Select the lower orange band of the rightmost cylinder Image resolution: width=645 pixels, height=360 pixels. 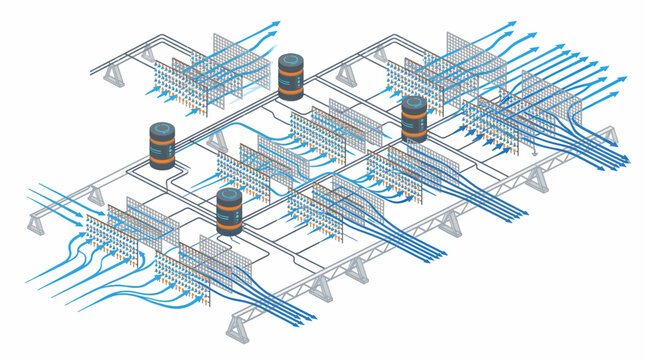(413, 133)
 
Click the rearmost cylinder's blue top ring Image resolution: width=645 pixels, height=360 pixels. (291, 60)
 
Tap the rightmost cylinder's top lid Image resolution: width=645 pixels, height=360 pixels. (413, 103)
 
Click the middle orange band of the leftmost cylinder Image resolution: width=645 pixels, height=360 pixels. (162, 147)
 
